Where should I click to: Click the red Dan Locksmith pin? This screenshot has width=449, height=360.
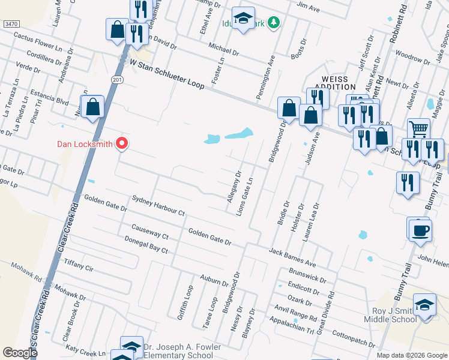[x=122, y=143]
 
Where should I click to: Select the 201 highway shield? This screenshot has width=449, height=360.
[x=117, y=79]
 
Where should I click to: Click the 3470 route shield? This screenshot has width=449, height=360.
[x=11, y=23]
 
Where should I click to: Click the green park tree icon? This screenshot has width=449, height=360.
[x=274, y=22]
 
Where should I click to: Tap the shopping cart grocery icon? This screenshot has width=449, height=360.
[x=418, y=128]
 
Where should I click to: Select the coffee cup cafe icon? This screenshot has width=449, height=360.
[x=421, y=230]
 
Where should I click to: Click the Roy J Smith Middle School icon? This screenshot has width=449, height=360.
[x=424, y=305]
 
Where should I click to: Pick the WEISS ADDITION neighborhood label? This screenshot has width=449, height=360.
[x=334, y=83]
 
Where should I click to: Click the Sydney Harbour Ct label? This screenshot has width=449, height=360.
[x=157, y=205]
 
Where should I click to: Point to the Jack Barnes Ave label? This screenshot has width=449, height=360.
[x=292, y=257]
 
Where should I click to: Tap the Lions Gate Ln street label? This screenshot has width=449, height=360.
[x=247, y=197]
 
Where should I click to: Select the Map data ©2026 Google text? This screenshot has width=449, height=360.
[x=411, y=355]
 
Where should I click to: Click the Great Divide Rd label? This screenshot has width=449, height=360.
[x=328, y=312]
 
